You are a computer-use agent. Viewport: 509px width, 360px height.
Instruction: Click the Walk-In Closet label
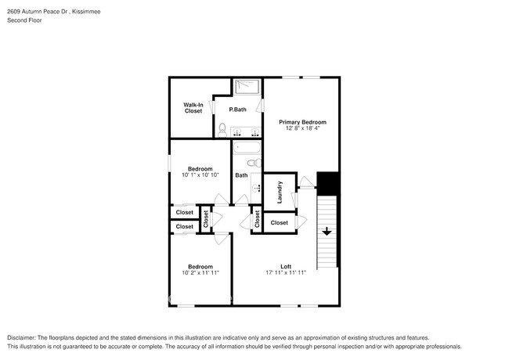[x=193, y=108]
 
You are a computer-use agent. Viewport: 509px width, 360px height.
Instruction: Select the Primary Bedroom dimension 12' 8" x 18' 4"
[x=302, y=130]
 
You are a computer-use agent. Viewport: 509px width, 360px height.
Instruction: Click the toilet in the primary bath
[x=222, y=128]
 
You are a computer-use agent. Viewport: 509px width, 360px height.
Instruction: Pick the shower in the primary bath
[x=247, y=86]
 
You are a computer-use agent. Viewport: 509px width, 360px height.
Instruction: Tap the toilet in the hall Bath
[x=253, y=163]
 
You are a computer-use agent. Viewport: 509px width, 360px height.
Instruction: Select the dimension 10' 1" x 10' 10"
[x=199, y=175]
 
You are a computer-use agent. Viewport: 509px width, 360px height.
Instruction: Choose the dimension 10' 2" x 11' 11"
[x=200, y=273]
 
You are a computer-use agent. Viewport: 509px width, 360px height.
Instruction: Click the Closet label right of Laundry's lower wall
[x=279, y=223]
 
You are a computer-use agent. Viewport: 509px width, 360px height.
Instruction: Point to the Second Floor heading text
[x=24, y=21]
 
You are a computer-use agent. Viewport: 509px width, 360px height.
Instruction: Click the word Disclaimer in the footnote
[x=23, y=337]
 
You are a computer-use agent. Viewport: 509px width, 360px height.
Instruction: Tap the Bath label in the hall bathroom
[x=241, y=175]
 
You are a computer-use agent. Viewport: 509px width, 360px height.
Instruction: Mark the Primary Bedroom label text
[x=302, y=123]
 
